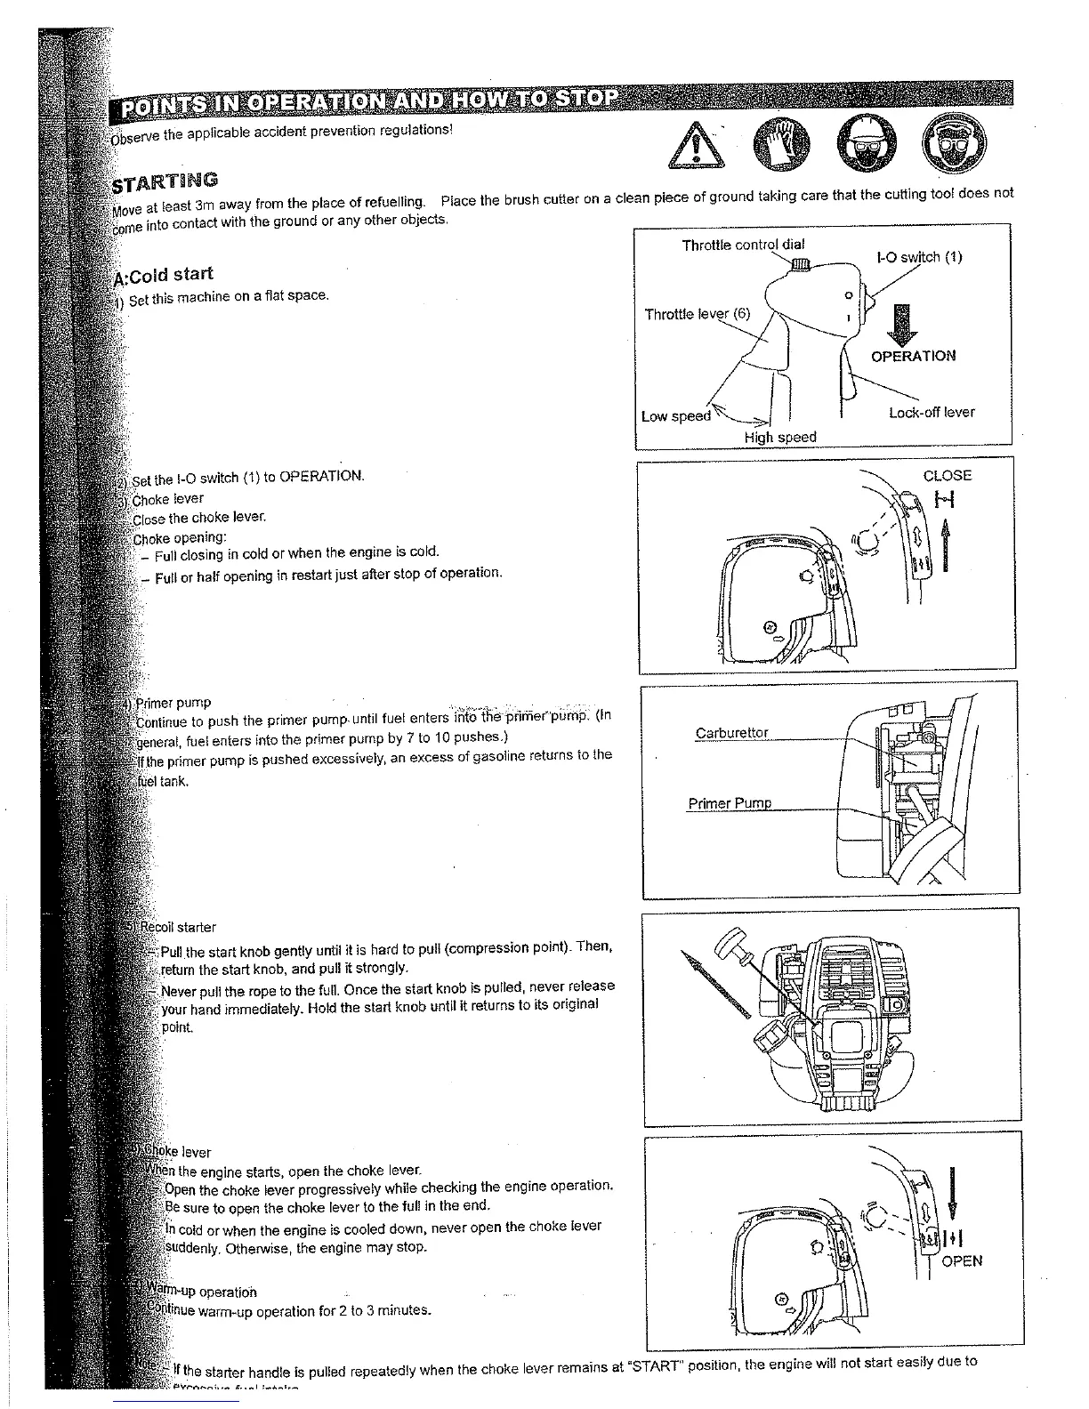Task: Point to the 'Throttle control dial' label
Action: (x=744, y=245)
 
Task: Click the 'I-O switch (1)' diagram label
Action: (x=919, y=258)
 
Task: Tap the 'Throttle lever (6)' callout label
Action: (x=698, y=314)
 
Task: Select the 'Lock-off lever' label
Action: (x=932, y=413)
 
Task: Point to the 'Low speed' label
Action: (x=676, y=416)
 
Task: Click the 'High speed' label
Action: (x=780, y=437)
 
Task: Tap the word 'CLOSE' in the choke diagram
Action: (x=948, y=476)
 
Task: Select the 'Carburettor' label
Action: (x=731, y=733)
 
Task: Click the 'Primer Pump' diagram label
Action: (x=730, y=804)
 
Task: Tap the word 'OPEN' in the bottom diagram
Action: (x=962, y=1261)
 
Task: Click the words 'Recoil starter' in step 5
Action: (x=178, y=927)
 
